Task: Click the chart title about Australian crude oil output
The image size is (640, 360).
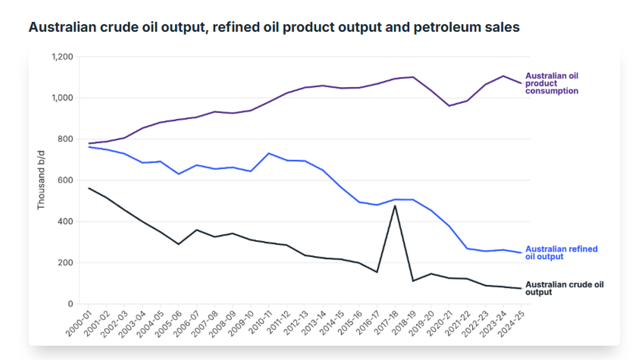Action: pos(274,28)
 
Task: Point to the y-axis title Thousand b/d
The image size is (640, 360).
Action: pos(41,180)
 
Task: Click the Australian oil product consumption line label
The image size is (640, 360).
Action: pos(552,83)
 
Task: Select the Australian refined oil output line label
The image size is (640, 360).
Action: pos(561,253)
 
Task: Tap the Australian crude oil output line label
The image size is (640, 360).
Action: pos(565,289)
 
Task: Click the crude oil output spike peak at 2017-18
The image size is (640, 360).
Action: pos(395,206)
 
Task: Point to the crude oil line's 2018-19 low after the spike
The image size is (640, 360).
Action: pos(413,281)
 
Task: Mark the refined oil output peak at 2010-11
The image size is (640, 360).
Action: pos(269,154)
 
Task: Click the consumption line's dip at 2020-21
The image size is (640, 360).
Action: pos(449,106)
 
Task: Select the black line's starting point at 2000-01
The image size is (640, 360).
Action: pos(89,188)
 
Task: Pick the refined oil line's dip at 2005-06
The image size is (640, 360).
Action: pos(179,174)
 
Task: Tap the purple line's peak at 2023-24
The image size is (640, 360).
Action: pos(503,76)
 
